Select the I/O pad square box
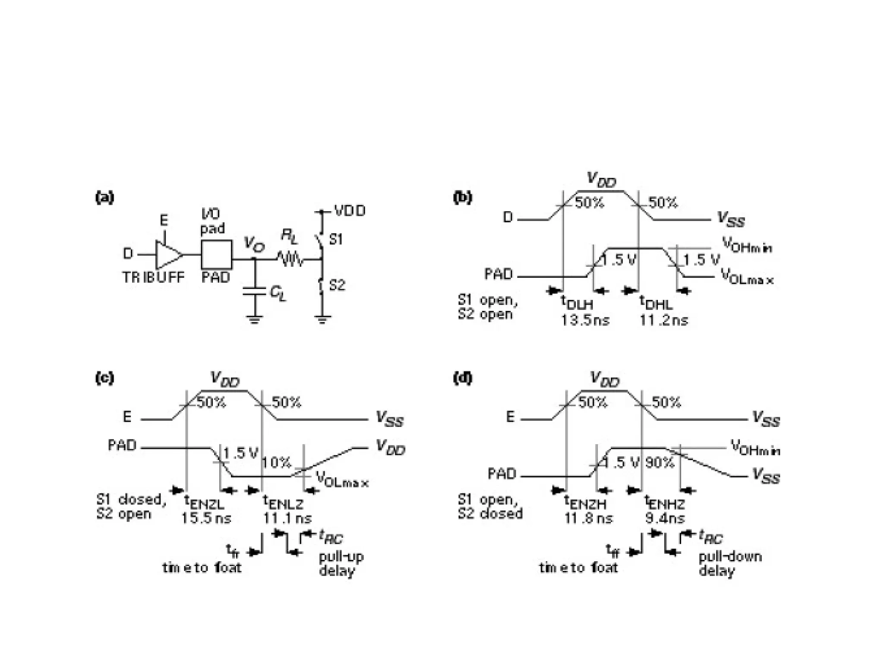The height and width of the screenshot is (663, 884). (x=217, y=255)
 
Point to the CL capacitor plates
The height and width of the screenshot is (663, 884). (x=254, y=291)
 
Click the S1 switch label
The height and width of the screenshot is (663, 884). (x=335, y=239)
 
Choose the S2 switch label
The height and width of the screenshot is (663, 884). (x=337, y=285)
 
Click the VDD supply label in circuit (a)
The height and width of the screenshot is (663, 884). (x=350, y=211)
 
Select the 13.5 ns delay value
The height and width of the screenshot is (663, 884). (x=585, y=320)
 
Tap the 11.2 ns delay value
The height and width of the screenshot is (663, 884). (x=663, y=320)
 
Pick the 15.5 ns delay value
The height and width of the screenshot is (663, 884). (x=206, y=518)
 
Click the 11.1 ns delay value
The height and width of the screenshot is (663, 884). (x=287, y=518)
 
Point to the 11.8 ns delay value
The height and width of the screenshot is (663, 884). (x=588, y=518)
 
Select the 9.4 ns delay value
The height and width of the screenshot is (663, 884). (x=665, y=518)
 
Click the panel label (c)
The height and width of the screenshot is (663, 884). (x=104, y=378)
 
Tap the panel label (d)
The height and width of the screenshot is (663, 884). (x=462, y=378)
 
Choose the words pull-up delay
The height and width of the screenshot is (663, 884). (x=341, y=564)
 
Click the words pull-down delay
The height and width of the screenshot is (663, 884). (x=730, y=564)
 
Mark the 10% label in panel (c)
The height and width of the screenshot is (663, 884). (x=276, y=463)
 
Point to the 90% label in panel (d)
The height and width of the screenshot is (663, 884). (x=660, y=463)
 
